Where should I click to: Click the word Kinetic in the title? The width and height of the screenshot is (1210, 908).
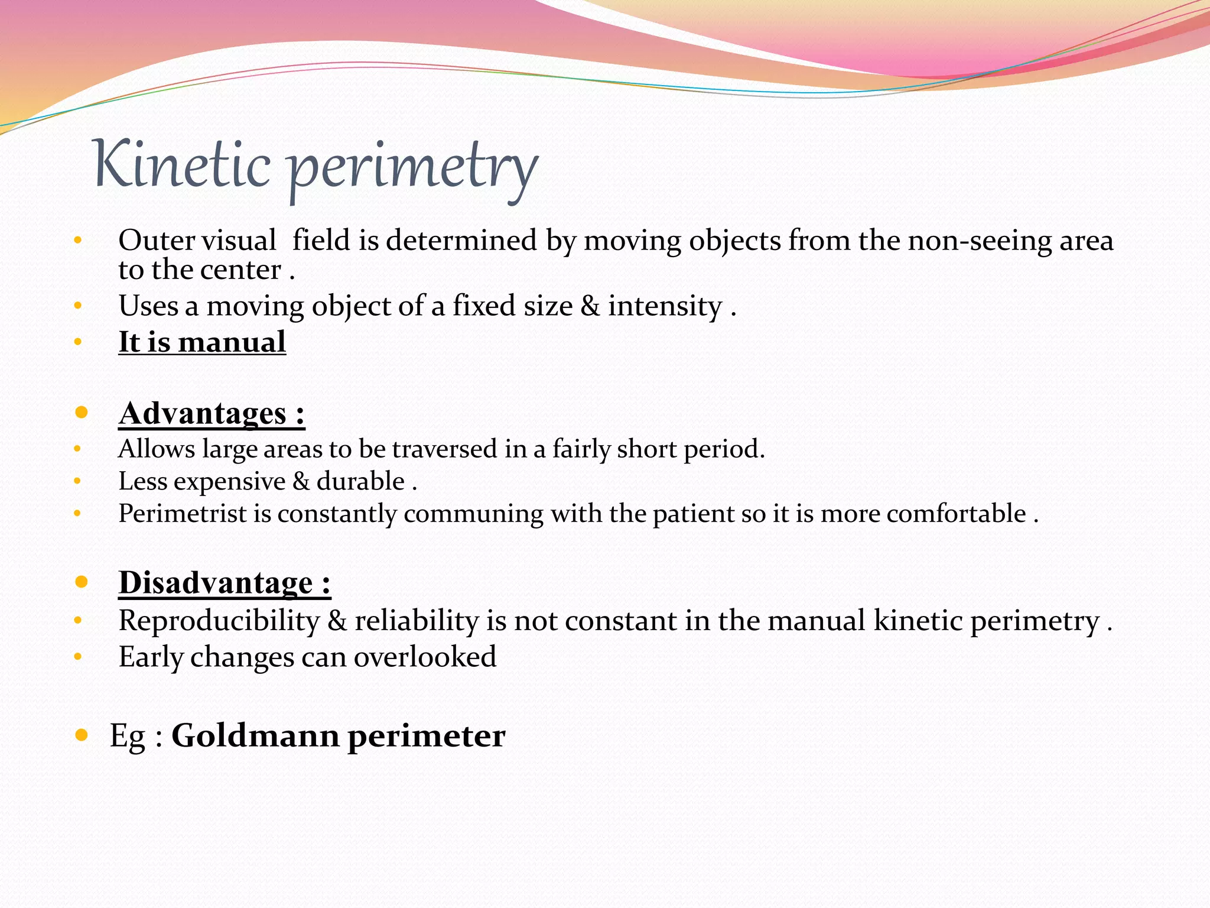182,164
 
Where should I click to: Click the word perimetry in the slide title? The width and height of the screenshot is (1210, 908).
414,168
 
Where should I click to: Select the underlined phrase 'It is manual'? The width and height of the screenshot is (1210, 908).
202,342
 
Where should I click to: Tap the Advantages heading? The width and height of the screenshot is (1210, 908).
212,413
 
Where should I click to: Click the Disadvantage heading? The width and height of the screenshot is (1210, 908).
225,582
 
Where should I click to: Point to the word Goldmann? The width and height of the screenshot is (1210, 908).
255,735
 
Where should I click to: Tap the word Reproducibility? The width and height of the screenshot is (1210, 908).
219,621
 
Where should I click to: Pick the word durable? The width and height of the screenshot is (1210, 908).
360,481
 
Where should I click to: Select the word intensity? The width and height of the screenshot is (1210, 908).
665,306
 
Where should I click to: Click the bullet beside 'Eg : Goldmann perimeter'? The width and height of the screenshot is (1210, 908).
82,735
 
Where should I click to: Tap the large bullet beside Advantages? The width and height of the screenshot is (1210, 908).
82,412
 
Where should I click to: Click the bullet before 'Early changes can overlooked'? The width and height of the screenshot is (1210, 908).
77,657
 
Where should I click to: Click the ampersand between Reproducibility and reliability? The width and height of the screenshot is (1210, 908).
337,621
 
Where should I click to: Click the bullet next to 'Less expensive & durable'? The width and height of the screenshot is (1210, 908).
77,481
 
